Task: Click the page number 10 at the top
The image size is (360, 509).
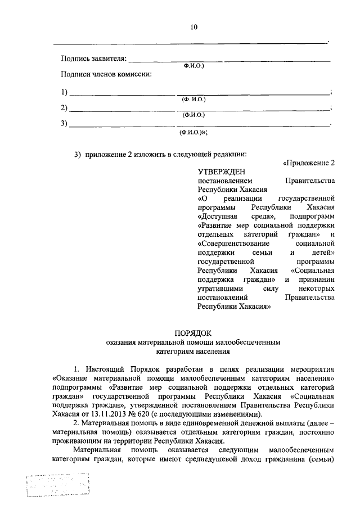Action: click(193, 27)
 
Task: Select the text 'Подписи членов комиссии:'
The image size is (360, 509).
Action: click(106, 74)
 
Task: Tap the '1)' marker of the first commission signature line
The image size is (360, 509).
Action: click(64, 92)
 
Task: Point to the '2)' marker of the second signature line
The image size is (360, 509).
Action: click(64, 108)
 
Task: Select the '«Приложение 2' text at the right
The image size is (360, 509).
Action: click(309, 164)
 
